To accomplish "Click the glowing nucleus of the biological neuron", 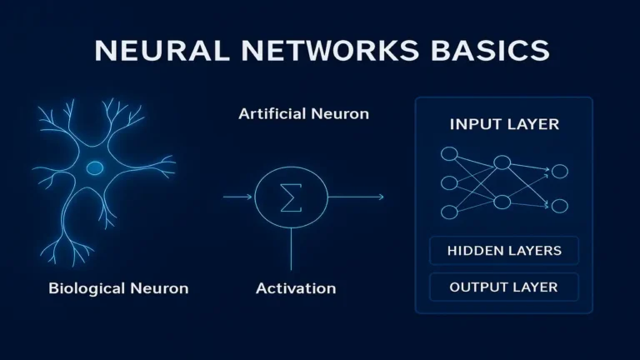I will point(95,168).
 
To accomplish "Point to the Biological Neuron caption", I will point(118,289).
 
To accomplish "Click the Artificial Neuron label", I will point(303,113).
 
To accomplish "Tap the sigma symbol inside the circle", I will point(291,197).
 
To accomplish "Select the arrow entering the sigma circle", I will point(238,197).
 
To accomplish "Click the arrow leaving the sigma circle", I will point(356,197).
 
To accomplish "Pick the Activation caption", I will point(296,289).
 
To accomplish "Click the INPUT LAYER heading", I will point(504,125).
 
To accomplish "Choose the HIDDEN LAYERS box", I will point(504,251).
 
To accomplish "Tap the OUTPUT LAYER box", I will point(504,287).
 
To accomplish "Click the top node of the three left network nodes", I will point(449,154).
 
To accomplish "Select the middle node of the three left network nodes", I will point(449,182).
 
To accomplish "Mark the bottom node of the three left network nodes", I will point(449,211).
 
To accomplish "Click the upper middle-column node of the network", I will point(502,162).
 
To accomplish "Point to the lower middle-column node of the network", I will point(502,202).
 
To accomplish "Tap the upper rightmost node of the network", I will point(560,172).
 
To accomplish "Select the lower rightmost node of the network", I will point(560,206).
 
